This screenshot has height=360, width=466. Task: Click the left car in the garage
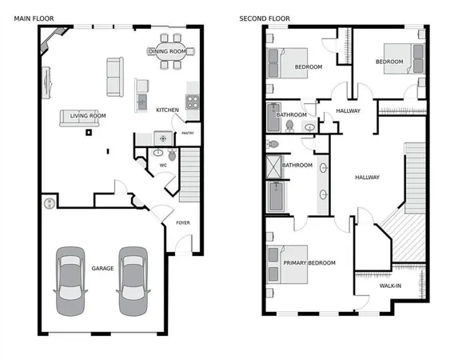pyautogui.click(x=70, y=282)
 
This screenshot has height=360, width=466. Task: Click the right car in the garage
pyautogui.click(x=133, y=282)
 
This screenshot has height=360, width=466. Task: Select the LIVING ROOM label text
pyautogui.click(x=88, y=115)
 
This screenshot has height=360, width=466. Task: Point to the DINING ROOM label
pyautogui.click(x=167, y=51)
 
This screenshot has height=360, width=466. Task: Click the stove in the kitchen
pyautogui.click(x=192, y=101)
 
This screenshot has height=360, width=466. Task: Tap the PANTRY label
pyautogui.click(x=189, y=133)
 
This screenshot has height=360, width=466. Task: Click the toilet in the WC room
pyautogui.click(x=170, y=154)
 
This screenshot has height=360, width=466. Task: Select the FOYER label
pyautogui.click(x=183, y=222)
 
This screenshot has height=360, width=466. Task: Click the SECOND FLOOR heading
pyautogui.click(x=265, y=18)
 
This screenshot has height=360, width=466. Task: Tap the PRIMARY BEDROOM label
pyautogui.click(x=309, y=262)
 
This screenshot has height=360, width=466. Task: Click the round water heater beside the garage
pyautogui.click(x=50, y=202)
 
